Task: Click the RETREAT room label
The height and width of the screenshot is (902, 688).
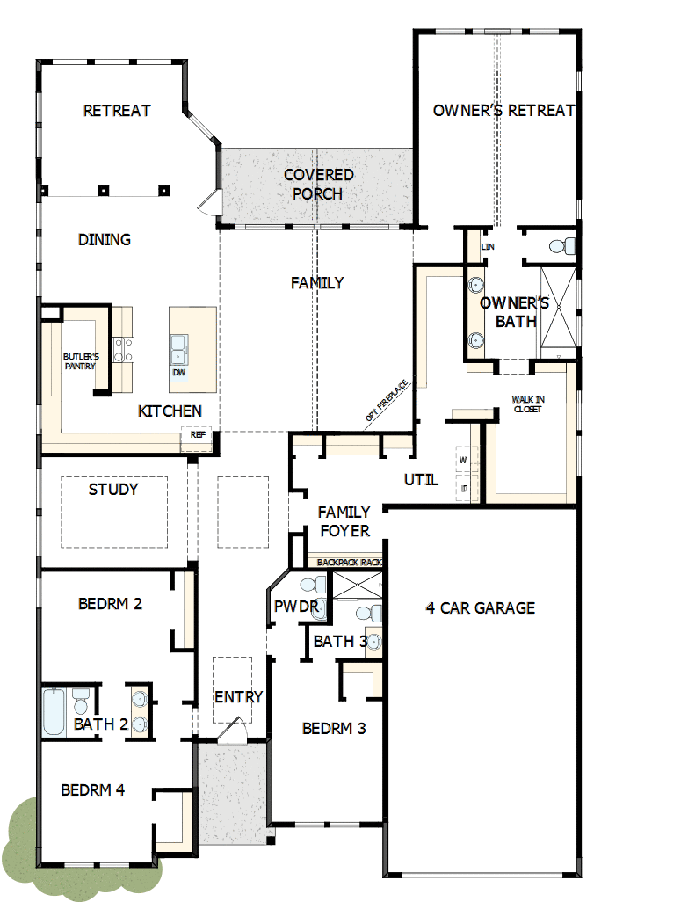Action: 117,111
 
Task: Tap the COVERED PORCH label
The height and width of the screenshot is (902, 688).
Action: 318,185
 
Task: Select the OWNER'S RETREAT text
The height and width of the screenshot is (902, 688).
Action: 503,111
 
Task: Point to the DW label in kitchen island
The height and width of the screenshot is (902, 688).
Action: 179,373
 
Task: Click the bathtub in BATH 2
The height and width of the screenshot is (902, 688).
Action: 54,712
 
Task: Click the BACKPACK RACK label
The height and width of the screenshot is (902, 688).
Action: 344,561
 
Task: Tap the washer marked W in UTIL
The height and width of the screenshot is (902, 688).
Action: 463,459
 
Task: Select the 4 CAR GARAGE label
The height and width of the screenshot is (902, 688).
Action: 480,607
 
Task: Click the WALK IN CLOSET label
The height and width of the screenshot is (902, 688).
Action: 527,404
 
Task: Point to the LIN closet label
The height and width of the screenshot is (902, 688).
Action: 488,247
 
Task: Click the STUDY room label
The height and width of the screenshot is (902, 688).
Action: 113,490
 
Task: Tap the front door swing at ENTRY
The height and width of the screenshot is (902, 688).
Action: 231,731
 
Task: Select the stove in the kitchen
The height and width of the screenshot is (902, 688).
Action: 122,350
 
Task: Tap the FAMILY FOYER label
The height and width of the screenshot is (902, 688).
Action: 344,521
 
